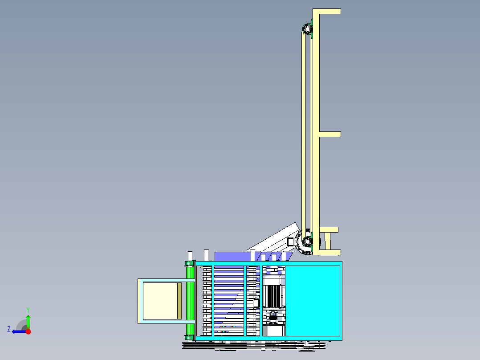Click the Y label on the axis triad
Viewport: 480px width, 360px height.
[28, 309]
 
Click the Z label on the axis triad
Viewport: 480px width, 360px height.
[9, 329]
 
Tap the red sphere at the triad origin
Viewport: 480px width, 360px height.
[28, 331]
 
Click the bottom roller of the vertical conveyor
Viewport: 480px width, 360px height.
[307, 243]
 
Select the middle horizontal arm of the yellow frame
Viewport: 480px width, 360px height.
[329, 134]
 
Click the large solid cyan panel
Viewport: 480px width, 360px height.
[312, 300]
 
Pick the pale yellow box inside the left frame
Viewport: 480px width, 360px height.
[160, 301]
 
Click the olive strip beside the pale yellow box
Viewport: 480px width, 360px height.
[179, 301]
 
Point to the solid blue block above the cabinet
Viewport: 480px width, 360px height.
[232, 256]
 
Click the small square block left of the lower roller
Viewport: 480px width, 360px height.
[291, 241]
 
